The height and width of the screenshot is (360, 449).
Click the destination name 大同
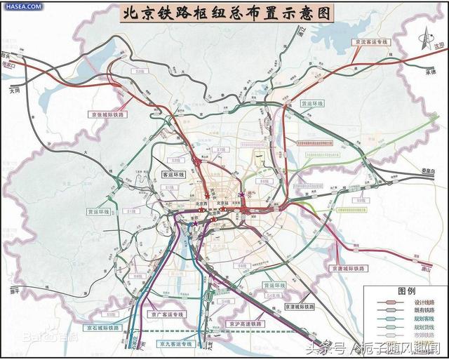(15, 91)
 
